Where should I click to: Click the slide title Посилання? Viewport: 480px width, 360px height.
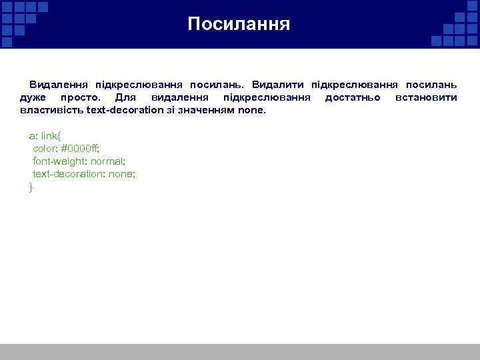(x=239, y=25)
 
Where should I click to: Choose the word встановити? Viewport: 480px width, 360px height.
(x=426, y=97)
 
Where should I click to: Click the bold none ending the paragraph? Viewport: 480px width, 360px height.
(x=253, y=109)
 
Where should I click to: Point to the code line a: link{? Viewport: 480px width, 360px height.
(x=45, y=135)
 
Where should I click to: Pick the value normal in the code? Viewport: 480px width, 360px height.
(x=107, y=161)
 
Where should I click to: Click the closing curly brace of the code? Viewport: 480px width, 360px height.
(x=31, y=187)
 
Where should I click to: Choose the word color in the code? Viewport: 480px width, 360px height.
(x=45, y=148)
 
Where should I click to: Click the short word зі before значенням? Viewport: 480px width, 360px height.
(x=173, y=109)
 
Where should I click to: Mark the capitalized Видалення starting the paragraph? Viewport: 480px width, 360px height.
(x=59, y=85)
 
